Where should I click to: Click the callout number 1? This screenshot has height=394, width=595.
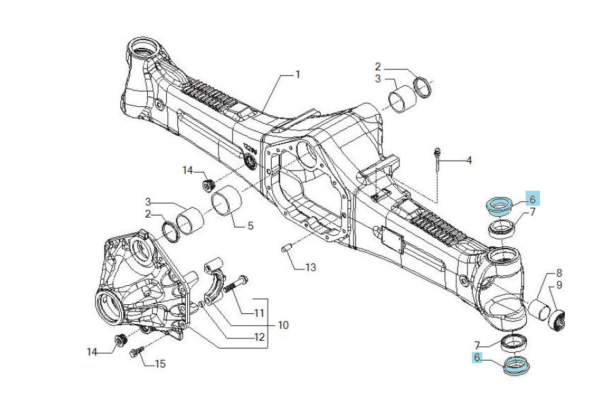tap(298, 75)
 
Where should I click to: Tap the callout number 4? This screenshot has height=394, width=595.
tap(469, 161)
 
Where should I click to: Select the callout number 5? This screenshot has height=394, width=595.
tap(251, 226)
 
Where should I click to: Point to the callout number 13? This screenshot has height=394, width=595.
tap(311, 267)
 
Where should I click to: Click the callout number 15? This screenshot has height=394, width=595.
tap(160, 364)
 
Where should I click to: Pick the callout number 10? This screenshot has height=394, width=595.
tap(283, 325)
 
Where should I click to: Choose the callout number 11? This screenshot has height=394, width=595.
tap(259, 313)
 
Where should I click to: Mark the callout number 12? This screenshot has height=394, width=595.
tap(259, 337)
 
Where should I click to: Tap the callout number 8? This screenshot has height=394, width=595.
tap(559, 273)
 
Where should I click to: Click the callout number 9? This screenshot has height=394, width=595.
tap(559, 285)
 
